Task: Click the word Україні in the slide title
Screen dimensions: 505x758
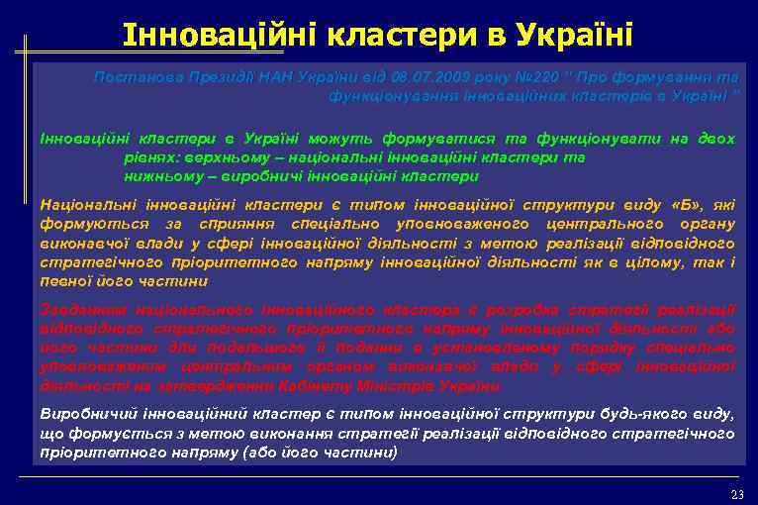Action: (574, 36)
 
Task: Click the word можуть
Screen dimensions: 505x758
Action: (335, 140)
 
